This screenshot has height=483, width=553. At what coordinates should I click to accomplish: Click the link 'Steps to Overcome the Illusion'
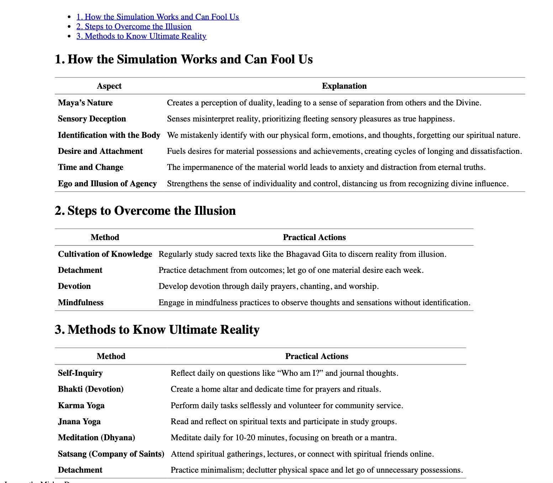coord(134,27)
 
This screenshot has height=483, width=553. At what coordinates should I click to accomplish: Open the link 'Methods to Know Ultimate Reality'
coord(141,36)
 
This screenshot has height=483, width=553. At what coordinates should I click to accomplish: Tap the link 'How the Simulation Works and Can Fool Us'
coord(158,17)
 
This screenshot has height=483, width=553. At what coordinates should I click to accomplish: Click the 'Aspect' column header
coord(109,86)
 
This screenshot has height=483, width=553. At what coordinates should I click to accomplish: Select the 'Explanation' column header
coord(344,86)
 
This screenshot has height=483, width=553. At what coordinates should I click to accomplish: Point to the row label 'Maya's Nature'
coord(85,103)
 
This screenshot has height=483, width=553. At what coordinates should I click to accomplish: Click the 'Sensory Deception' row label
coord(92,119)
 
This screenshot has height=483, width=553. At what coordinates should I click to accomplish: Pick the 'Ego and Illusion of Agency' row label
coord(107,184)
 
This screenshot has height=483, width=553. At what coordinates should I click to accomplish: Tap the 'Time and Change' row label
coord(90,167)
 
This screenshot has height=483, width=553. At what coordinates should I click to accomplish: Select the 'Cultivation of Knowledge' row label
coord(105,254)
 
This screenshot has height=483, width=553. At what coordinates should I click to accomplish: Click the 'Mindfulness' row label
coord(81,303)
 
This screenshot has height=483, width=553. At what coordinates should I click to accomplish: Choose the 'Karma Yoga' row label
coord(81,406)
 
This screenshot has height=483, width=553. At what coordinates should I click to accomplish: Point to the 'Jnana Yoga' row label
coord(79,422)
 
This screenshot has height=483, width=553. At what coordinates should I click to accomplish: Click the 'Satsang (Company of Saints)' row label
coord(111,454)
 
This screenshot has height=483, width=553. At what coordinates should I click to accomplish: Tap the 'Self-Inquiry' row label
coord(80,373)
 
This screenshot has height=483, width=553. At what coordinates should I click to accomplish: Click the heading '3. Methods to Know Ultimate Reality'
coord(157,330)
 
